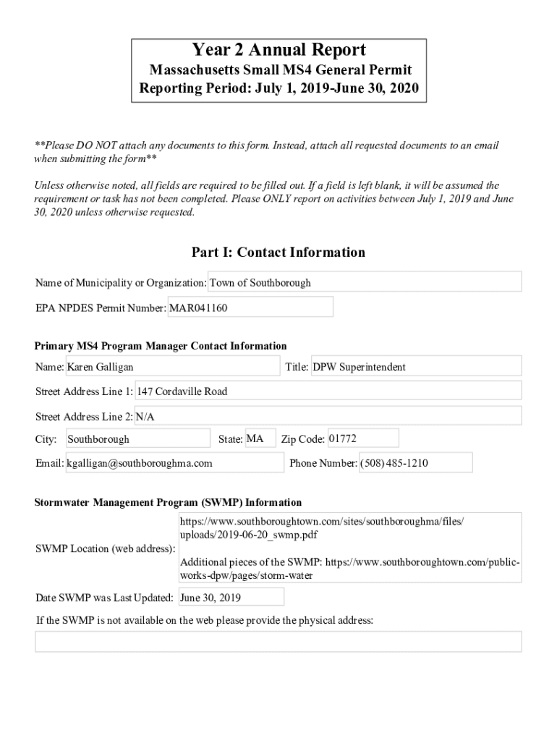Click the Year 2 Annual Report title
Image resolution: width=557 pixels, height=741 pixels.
point(278,50)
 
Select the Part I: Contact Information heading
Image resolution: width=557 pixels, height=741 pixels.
point(278,253)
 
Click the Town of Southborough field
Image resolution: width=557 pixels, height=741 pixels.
point(365,282)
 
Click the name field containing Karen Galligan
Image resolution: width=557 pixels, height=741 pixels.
point(172,367)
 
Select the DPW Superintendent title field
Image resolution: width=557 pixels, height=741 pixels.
point(415,367)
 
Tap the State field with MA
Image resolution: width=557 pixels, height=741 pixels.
point(260,439)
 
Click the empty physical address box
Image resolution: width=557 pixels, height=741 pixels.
point(278,641)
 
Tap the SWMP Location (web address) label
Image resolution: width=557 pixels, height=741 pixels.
point(105,548)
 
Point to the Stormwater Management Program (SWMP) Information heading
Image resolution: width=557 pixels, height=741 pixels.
point(169,502)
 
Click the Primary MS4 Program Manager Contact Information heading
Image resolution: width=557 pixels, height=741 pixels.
point(161,346)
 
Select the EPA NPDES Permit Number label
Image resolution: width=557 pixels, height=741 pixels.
point(100,308)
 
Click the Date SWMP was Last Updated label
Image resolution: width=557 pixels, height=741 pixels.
point(104,598)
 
